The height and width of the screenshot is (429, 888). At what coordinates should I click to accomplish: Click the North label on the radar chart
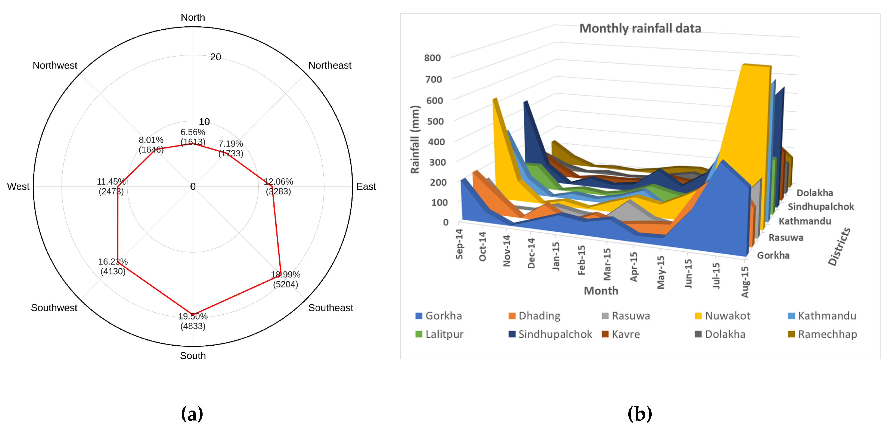pos(193,18)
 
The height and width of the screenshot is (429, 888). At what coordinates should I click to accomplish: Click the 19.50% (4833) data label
pos(193,321)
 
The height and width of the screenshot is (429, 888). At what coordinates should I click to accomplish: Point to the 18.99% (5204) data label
pos(285,280)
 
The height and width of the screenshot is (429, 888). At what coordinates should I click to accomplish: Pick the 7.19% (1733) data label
pos(231,149)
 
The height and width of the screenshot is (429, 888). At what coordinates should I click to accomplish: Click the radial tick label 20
pos(215,57)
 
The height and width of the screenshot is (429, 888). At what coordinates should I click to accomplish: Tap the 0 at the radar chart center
pos(193,186)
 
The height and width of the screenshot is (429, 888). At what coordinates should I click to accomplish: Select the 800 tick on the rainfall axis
pos(432,58)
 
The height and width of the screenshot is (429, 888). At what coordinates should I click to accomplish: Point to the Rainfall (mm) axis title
pos(415,140)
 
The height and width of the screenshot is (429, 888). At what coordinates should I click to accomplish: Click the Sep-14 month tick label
pos(459,244)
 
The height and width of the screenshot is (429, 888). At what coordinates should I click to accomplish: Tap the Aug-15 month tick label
pos(745,282)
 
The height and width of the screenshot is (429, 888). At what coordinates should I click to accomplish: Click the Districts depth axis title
pos(839,247)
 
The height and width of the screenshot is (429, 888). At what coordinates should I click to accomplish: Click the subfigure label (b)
pos(639,413)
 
